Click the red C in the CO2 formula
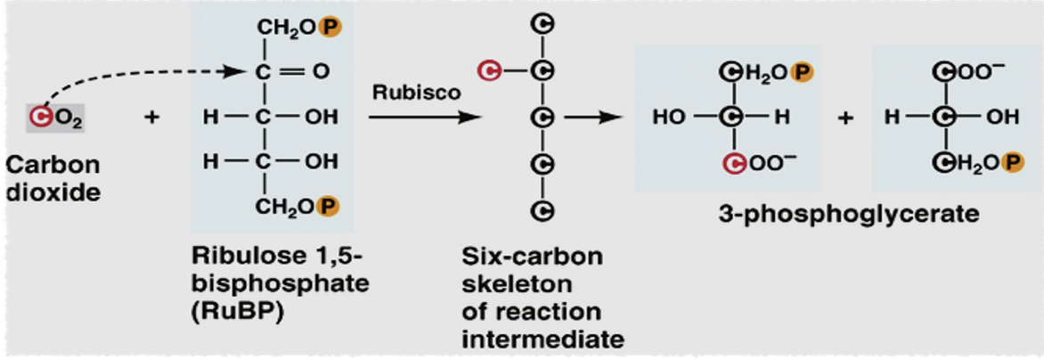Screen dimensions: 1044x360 [38, 116]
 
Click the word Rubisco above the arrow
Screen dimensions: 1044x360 [404, 93]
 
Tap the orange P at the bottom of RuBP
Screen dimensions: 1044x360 [329, 207]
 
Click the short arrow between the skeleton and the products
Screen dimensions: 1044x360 [595, 117]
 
